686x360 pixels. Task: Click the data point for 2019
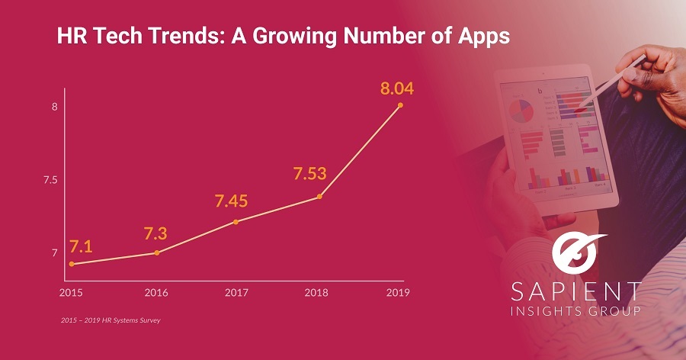point(400,105)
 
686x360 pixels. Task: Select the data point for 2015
point(72,264)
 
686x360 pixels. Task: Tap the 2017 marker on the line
point(236,222)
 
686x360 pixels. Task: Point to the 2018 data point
point(319,197)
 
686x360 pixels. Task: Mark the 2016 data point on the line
point(157,252)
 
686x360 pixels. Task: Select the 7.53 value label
point(309,174)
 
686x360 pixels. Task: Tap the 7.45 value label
point(232,201)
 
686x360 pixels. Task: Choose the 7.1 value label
point(81,246)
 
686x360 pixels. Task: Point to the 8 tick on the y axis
point(54,107)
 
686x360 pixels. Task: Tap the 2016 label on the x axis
point(156,292)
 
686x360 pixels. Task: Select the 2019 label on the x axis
point(399,292)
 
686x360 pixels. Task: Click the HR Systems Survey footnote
point(111,320)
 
